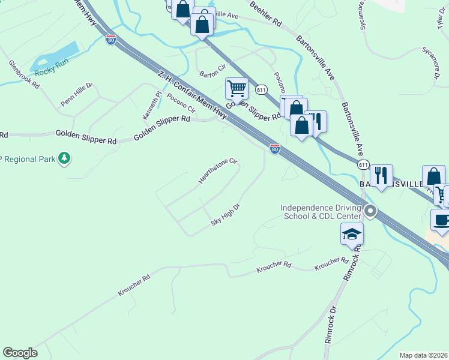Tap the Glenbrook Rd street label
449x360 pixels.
24,74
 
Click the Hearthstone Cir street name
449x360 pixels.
218,172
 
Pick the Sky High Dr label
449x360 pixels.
225,215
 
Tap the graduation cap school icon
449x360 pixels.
352,233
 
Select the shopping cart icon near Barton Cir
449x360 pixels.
237,89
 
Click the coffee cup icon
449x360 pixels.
441,219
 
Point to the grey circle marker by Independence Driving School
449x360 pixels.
370,211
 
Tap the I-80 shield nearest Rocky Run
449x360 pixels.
111,40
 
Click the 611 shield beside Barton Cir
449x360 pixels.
261,89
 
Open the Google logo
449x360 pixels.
20,353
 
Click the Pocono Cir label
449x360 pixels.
181,103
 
